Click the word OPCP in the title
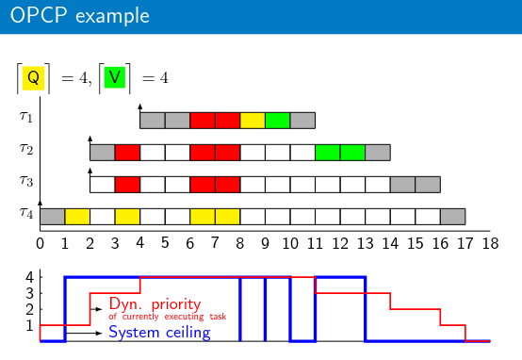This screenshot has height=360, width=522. (39, 15)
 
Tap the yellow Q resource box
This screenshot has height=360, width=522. (33, 78)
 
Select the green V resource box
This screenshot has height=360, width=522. (115, 77)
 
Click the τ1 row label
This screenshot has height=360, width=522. (26, 117)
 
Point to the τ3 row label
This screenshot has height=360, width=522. (26, 181)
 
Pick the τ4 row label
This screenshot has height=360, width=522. (26, 212)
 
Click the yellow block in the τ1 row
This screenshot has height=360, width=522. (253, 121)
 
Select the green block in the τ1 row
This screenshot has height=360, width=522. (278, 121)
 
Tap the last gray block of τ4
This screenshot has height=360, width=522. (453, 217)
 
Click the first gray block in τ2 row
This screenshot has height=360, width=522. (102, 153)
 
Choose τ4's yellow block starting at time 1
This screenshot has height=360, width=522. (77, 217)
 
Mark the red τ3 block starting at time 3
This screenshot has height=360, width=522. (127, 185)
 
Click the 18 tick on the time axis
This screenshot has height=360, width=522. (490, 243)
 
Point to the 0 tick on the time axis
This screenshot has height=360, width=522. (40, 243)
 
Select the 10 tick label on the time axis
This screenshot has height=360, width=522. (290, 243)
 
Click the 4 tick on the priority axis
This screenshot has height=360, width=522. (30, 277)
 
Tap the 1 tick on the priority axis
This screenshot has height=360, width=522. (30, 325)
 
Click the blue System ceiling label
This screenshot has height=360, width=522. (159, 333)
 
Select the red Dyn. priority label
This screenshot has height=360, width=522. (155, 303)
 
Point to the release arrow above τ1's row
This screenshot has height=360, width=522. (139, 108)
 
